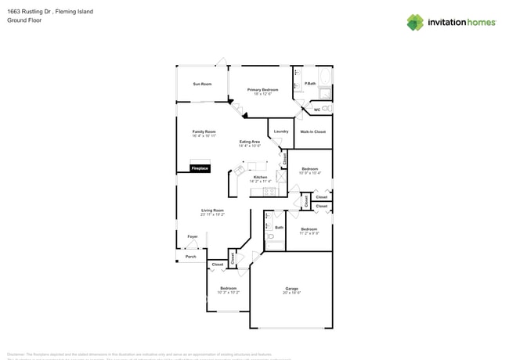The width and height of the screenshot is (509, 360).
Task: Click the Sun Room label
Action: [x=202, y=84]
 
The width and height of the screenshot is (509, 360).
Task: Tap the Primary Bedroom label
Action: [x=262, y=90]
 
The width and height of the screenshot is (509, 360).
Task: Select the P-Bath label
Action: [x=310, y=84]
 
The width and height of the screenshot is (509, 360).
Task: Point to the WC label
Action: [x=316, y=110]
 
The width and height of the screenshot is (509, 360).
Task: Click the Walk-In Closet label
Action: [x=312, y=131]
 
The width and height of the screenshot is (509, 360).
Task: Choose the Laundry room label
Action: [x=281, y=131]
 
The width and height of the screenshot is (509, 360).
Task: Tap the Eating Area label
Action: [x=250, y=142]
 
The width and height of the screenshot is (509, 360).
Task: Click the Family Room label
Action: [x=204, y=131]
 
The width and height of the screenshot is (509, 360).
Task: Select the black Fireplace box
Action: [x=200, y=167]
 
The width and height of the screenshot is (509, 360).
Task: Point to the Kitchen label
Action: [x=260, y=177]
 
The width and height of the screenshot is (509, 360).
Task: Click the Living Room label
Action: [x=212, y=210]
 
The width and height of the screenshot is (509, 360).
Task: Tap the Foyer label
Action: [x=193, y=236]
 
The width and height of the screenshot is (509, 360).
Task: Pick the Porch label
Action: [x=190, y=257]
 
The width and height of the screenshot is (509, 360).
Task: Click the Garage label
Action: [x=291, y=289]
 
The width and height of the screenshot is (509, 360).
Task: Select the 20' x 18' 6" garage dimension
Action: [x=291, y=293]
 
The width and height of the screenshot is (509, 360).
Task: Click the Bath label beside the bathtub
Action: [x=280, y=228]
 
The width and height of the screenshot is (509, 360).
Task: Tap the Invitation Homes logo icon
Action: [x=415, y=23]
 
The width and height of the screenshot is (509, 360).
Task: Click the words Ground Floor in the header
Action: [x=24, y=20]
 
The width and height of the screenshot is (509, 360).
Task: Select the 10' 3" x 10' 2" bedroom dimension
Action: [x=228, y=292]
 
